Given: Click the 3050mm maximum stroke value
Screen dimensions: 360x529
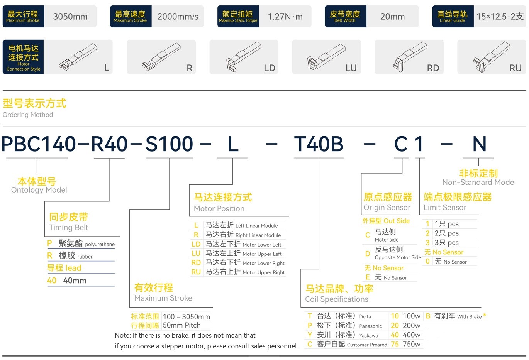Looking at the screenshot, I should click(70, 17).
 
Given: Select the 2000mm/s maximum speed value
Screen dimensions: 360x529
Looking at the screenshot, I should click(178, 17).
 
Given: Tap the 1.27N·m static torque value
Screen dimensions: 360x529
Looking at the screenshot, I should click(285, 17).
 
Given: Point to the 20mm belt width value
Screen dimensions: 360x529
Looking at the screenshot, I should click(392, 17).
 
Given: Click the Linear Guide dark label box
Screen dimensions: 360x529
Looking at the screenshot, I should click(453, 17).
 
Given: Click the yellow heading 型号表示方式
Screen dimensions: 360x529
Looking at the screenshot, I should click(34, 103).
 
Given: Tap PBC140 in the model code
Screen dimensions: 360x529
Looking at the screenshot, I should click(39, 144).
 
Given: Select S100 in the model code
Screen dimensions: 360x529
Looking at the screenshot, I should click(169, 144).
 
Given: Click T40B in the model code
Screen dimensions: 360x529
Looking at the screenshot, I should click(319, 144).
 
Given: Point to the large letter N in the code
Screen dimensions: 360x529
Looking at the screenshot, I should click(479, 144).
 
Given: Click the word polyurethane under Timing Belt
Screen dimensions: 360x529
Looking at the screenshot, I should click(100, 245).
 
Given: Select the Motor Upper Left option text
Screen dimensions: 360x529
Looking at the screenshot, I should click(262, 254).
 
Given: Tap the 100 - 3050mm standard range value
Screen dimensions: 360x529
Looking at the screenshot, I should click(187, 317).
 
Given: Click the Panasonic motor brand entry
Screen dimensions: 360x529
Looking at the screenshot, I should click(370, 326).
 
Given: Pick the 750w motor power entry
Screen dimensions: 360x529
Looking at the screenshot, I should click(411, 344).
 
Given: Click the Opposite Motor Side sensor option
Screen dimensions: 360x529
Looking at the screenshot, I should click(398, 257).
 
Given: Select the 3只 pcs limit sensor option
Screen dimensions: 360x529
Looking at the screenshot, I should click(446, 243).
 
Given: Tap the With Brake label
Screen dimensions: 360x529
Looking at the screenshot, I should click(469, 317).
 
